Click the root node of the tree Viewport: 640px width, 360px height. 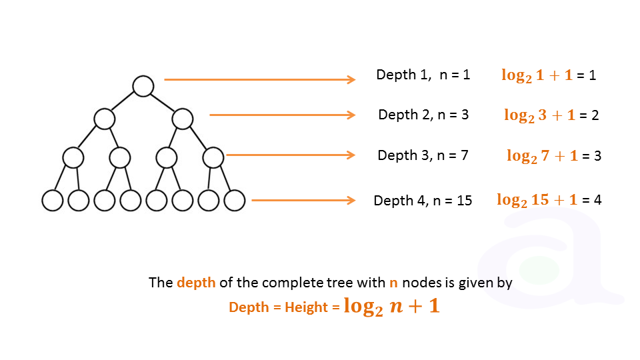pos(143,85)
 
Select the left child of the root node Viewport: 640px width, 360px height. pos(105,119)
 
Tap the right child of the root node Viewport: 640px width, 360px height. pos(182,119)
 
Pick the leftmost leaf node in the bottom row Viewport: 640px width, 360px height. pos(52,200)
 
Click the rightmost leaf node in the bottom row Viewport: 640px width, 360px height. pos(235,200)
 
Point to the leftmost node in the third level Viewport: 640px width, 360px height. pos(73,158)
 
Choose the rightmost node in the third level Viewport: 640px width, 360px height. pos(213,158)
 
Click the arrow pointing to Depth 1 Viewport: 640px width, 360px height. pos(259,80)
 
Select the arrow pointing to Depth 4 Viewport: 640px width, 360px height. pos(303,200)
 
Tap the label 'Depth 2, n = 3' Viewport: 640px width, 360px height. pos(423,115)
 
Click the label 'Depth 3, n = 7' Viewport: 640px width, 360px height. pos(423,155)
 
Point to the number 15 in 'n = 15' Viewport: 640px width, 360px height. pos(465,200)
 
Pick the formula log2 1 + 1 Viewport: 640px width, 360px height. pos(537,75)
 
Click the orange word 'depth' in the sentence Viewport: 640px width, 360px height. pos(196,283)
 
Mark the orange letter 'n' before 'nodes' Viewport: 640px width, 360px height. pos(393,283)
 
